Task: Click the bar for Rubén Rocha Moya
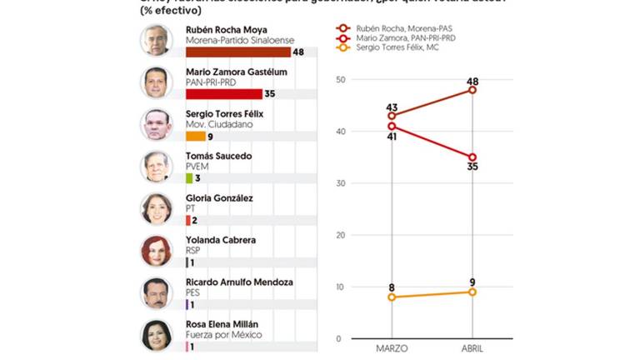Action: pos(237,52)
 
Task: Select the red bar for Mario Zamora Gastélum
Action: pos(223,93)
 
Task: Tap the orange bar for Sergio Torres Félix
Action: pos(195,136)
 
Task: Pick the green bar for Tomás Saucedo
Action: pos(189,177)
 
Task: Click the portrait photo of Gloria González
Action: pos(156,208)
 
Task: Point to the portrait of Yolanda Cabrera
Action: pos(156,250)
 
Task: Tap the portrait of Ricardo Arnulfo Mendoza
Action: pos(156,292)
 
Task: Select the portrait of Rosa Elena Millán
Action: pos(156,335)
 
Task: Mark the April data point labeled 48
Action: pos(472,90)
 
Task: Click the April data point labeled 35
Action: pos(472,157)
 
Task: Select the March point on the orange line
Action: pos(392,297)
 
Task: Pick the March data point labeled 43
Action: pos(392,116)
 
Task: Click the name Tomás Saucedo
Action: pos(218,156)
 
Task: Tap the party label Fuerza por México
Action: pos(224,335)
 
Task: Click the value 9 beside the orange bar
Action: pos(212,136)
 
